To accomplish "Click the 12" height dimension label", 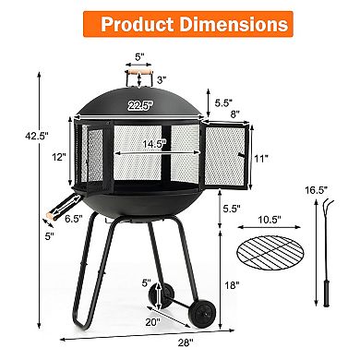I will coord(61,157).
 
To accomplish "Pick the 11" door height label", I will coord(263,158).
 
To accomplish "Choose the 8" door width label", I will coord(239,114).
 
